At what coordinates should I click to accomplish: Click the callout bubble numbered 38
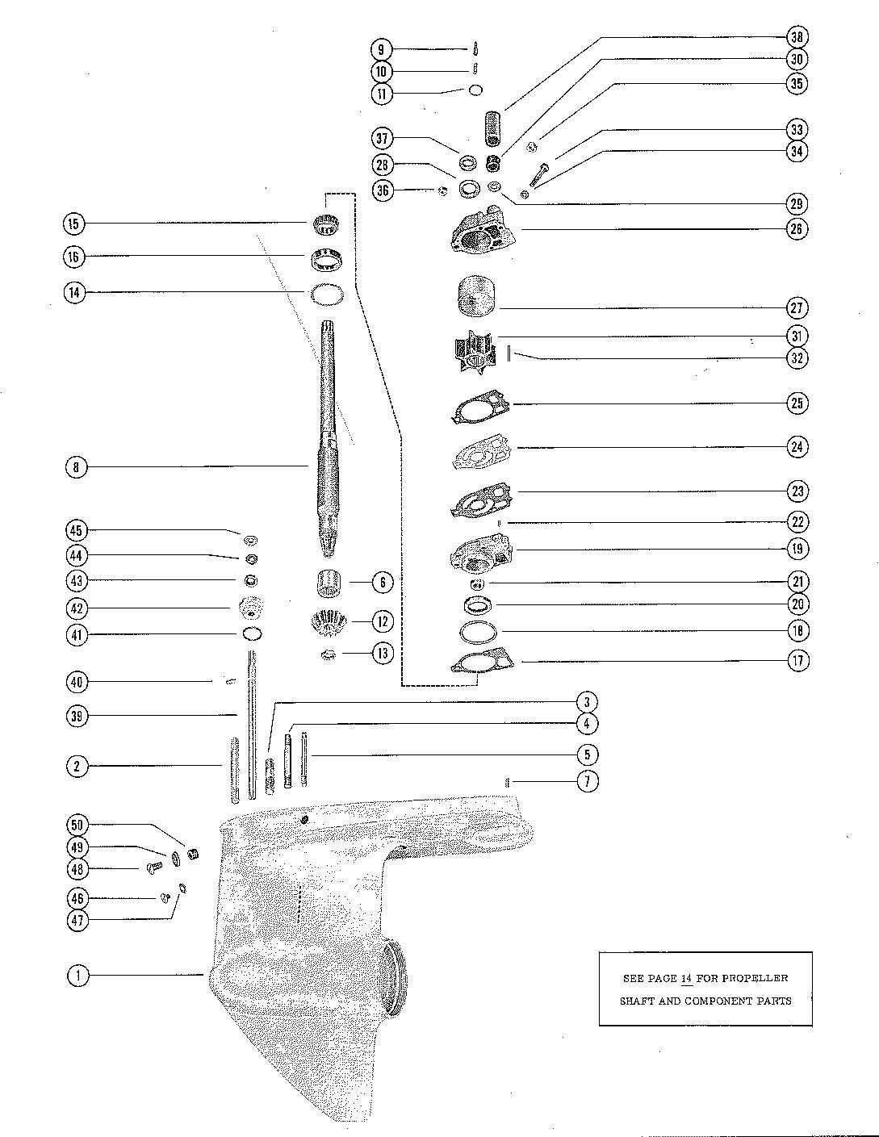(x=797, y=37)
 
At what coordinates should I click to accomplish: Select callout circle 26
(x=797, y=228)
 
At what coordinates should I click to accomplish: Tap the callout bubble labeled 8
(x=77, y=467)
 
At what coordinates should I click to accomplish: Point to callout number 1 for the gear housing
(x=78, y=976)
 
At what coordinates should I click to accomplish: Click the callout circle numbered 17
(x=797, y=660)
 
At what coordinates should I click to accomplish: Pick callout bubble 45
(x=77, y=530)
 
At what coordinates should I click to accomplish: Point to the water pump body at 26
(x=481, y=235)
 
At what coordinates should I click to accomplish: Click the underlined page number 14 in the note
(x=687, y=978)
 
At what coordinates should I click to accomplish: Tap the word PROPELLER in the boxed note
(x=752, y=978)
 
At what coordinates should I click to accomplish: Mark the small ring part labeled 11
(x=476, y=90)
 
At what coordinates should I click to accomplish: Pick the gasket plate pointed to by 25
(x=481, y=406)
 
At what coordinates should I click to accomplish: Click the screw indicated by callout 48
(x=154, y=867)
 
